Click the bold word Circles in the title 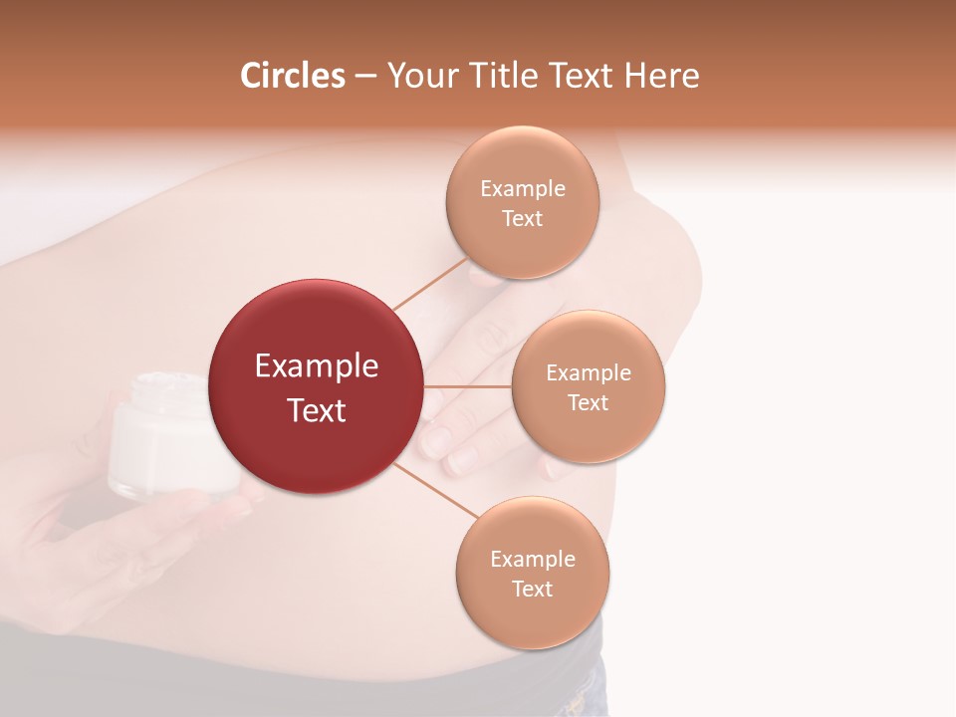(x=293, y=76)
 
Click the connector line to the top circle (x=430, y=285)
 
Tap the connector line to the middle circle (x=468, y=386)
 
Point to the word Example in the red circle (x=317, y=366)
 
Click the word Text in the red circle (x=317, y=410)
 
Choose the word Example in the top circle (x=522, y=189)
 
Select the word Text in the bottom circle (x=532, y=589)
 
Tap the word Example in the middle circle (x=588, y=373)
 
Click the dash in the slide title (x=365, y=76)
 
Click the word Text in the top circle (x=522, y=218)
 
